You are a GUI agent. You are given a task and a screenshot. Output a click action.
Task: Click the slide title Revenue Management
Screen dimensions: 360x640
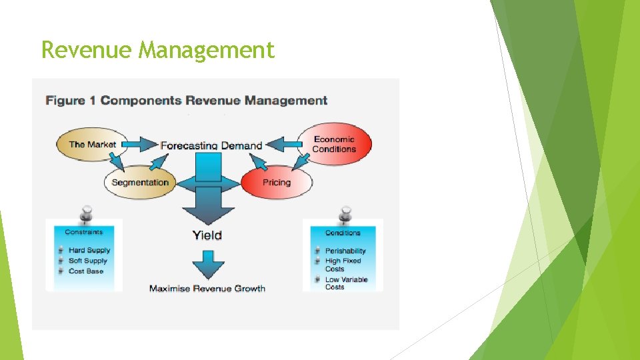[157, 50]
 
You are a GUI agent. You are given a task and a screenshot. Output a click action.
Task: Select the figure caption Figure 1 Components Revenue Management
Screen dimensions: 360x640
[186, 101]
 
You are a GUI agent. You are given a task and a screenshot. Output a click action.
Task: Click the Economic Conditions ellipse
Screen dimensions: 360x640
[334, 144]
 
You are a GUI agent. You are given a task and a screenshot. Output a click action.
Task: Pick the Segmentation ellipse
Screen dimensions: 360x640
[140, 182]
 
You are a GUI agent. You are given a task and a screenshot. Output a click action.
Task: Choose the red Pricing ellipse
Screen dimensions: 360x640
[276, 182]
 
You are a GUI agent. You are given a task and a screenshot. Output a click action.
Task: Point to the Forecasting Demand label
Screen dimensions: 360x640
[211, 145]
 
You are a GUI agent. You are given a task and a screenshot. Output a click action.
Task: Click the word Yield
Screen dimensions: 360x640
[207, 235]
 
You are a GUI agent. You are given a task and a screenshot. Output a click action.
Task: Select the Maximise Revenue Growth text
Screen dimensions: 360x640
[207, 289]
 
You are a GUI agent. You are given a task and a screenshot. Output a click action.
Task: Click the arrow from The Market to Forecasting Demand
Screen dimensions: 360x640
[138, 144]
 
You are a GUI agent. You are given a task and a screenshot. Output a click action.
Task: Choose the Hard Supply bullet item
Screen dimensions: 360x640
[89, 251]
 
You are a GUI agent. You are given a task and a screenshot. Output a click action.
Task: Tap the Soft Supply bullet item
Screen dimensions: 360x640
[88, 261]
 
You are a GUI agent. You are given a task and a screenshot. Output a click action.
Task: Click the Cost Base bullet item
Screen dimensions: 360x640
[86, 271]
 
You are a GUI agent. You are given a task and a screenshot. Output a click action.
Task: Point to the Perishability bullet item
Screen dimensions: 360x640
[345, 251]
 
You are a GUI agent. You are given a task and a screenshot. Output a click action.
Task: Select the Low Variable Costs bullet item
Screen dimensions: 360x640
[346, 283]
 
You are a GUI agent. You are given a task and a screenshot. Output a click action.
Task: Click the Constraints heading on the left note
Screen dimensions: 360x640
[84, 232]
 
